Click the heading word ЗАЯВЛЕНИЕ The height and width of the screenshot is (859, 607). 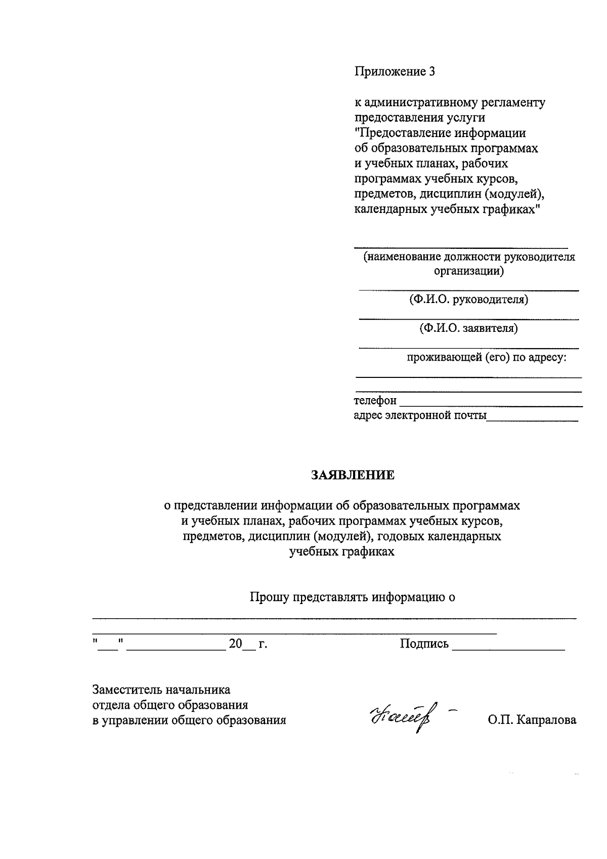point(353,475)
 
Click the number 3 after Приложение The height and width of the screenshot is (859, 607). point(431,72)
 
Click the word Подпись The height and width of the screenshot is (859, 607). point(424,643)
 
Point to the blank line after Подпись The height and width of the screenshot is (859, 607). point(508,648)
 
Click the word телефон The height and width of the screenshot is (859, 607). point(375,401)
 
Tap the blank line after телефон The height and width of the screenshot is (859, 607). point(491,406)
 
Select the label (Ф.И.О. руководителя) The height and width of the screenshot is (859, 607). point(468,299)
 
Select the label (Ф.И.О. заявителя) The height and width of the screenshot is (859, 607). point(468,328)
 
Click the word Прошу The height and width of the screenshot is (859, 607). point(268,597)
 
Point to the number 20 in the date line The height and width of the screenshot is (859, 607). point(236,644)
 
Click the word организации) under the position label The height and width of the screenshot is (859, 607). point(468,271)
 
